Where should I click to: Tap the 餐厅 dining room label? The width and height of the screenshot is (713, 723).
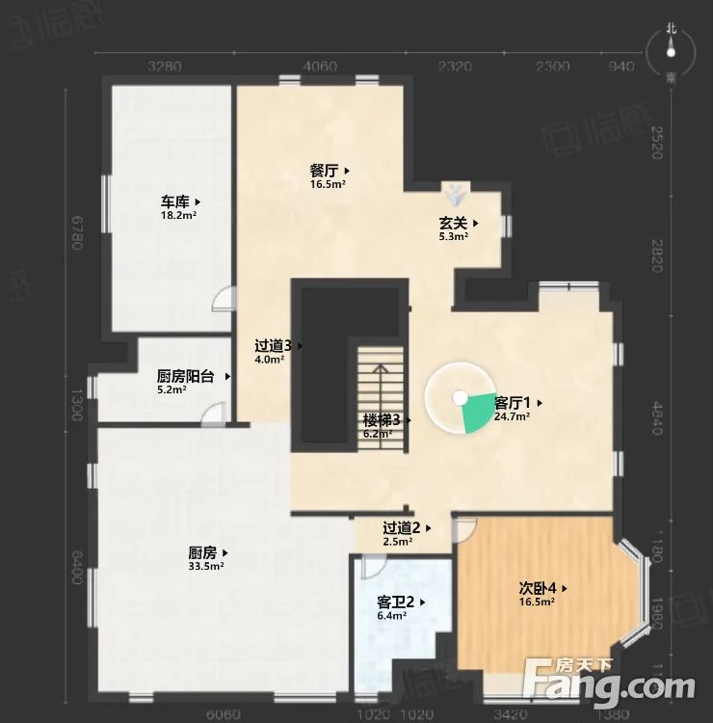pos(326,170)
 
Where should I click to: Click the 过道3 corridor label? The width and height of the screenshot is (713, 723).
pos(275,345)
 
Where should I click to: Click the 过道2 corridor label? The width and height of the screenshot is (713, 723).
pos(402,527)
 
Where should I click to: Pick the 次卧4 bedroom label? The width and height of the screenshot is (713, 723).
pos(537,587)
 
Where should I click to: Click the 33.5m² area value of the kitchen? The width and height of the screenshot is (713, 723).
pos(205,567)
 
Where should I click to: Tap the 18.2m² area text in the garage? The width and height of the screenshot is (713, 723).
pos(178,216)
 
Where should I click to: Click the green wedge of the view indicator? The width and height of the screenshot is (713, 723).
pos(476,414)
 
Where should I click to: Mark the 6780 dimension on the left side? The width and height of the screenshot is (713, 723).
pos(77,232)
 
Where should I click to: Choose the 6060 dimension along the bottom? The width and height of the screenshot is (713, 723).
pos(223,713)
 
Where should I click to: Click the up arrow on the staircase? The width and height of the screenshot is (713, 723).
pos(382,370)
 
